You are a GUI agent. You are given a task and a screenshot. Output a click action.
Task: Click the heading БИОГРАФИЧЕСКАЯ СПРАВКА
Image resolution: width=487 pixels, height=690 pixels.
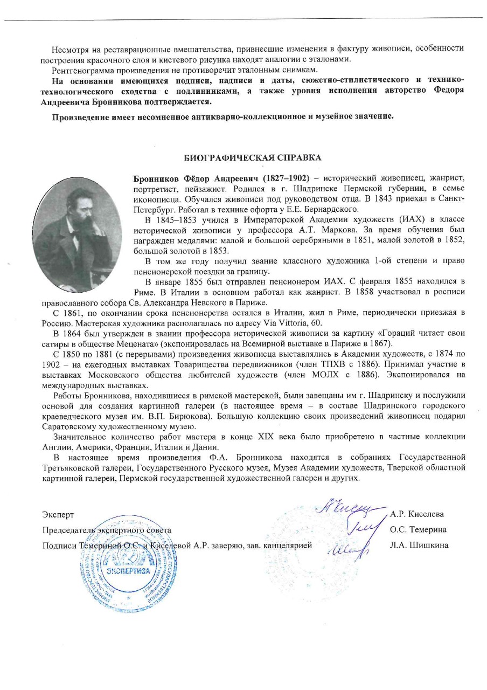coord(253,158)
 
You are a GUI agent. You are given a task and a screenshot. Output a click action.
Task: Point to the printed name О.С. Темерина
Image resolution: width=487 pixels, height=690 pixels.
coord(419,530)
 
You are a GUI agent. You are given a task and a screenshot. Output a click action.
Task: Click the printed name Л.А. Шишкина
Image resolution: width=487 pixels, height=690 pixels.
coord(419,545)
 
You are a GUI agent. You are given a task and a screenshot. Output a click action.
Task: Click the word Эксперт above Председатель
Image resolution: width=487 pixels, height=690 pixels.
coord(58,514)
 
